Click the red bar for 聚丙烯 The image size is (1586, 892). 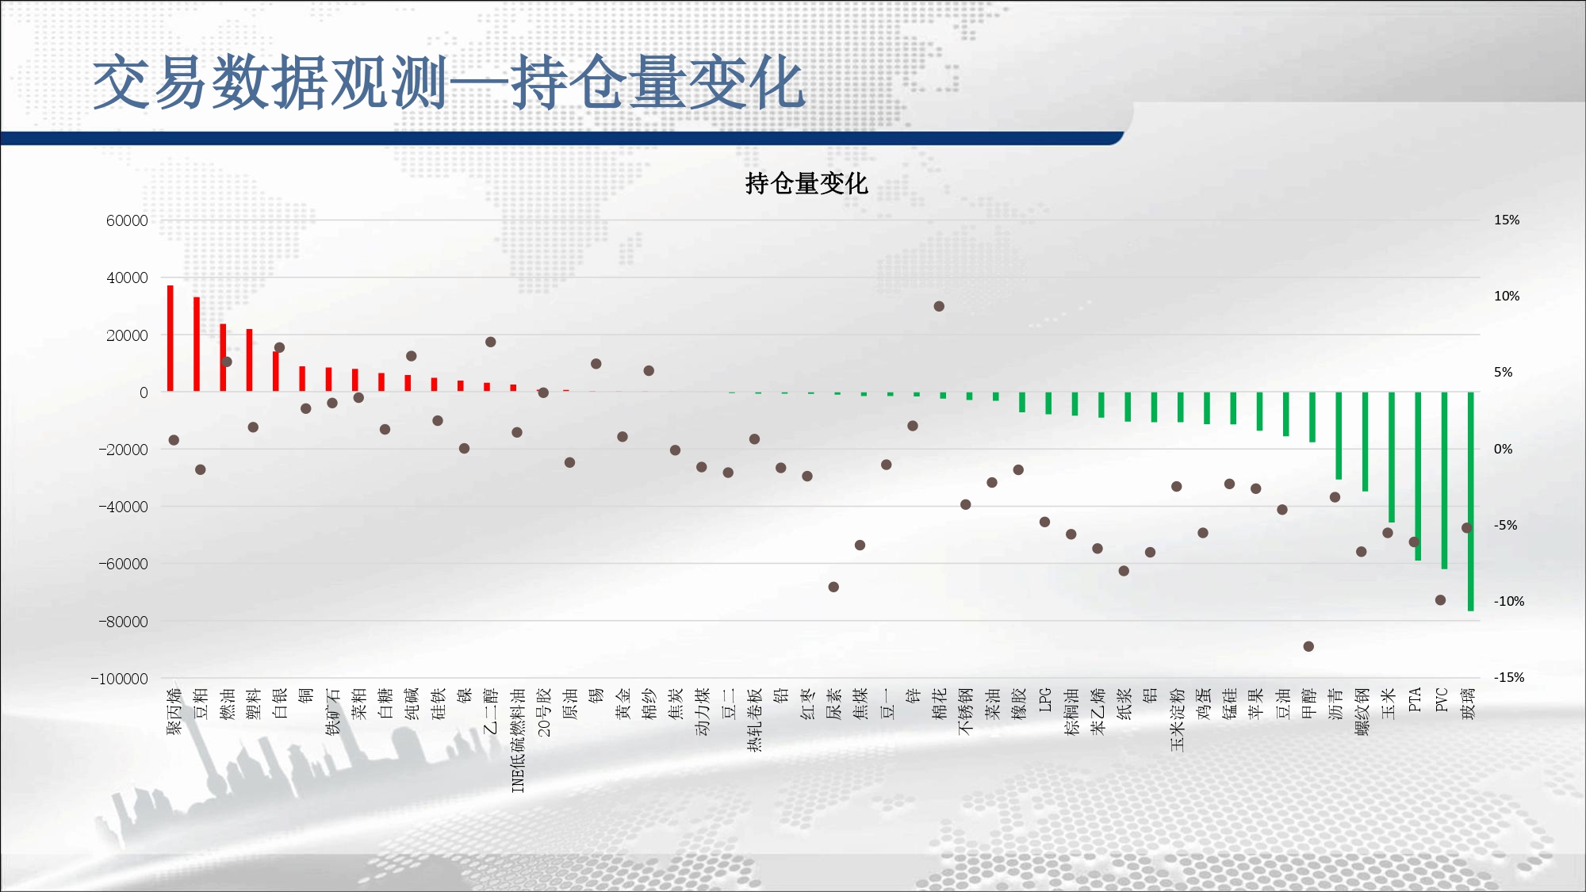(170, 339)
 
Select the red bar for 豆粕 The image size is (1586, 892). (197, 344)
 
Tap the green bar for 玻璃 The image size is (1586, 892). (1471, 501)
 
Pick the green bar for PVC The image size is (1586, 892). (1445, 480)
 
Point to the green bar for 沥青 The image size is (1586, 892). (1339, 435)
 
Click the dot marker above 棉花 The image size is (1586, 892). (939, 306)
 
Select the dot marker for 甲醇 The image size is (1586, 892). (1308, 646)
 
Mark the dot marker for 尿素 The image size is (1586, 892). (833, 587)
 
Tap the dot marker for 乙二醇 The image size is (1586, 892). (491, 342)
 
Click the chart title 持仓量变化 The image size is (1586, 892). (806, 184)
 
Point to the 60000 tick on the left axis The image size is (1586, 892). (127, 220)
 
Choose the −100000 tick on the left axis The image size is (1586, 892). (119, 679)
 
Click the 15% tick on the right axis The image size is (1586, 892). (1507, 220)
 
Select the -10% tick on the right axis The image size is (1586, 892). (1509, 601)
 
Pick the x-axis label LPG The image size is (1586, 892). (1045, 699)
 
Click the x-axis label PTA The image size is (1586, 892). (1416, 699)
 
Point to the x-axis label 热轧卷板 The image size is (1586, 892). (755, 720)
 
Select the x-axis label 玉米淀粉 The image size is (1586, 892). (1178, 720)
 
